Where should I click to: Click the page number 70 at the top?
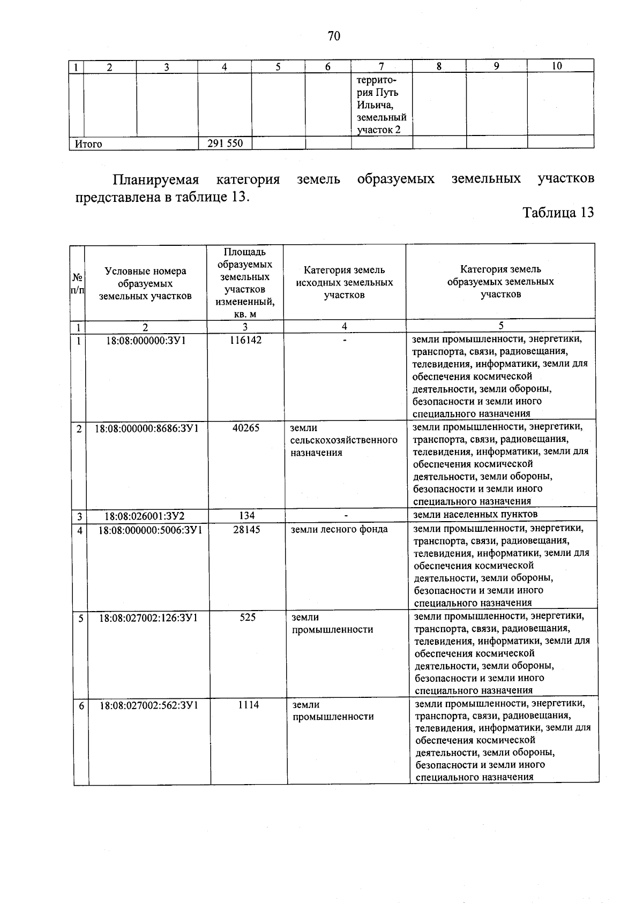[333, 36]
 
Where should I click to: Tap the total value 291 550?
[225, 144]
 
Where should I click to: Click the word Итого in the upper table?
[88, 144]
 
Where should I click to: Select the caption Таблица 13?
[558, 213]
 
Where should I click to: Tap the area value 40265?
[245, 428]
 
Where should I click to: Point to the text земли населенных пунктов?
[475, 515]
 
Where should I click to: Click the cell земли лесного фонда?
[339, 530]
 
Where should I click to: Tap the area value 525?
[248, 618]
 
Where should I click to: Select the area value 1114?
[249, 705]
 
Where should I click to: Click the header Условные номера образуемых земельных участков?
[145, 284]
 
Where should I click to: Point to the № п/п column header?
[77, 284]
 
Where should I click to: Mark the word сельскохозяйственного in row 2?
[344, 440]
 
